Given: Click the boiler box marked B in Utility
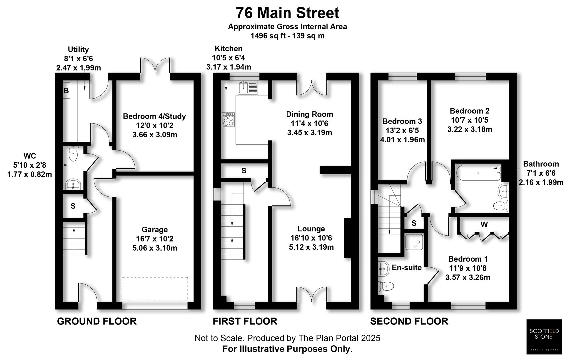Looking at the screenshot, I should pyautogui.click(x=66, y=91).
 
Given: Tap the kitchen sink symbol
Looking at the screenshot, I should pyautogui.click(x=248, y=87).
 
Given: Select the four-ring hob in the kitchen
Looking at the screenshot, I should pyautogui.click(x=228, y=120).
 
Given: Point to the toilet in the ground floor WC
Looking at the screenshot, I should pyautogui.click(x=73, y=154).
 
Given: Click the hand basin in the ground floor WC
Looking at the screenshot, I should pyautogui.click(x=73, y=184).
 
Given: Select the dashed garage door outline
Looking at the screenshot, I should pyautogui.click(x=155, y=288).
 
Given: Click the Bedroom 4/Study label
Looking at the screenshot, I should pyautogui.click(x=154, y=116).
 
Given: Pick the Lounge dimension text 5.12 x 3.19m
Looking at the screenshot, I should pyautogui.click(x=311, y=247).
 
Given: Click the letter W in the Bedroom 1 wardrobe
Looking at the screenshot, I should pyautogui.click(x=484, y=225).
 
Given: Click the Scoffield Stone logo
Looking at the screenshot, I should pyautogui.click(x=544, y=337).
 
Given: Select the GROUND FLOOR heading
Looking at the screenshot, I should pyautogui.click(x=97, y=321).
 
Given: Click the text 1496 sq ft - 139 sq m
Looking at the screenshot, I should pyautogui.click(x=287, y=36).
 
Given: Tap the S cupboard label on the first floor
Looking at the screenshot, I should pyautogui.click(x=244, y=171).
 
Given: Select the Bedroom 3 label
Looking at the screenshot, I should pyautogui.click(x=402, y=121).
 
